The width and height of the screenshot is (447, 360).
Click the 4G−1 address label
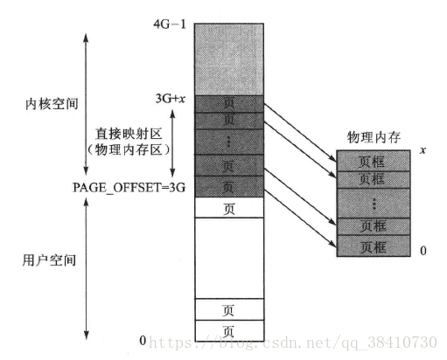tap(170, 24)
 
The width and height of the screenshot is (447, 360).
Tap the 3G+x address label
tap(171, 99)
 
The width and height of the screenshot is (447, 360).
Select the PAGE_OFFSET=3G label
tap(129, 187)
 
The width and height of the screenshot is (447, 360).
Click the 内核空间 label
tap(52, 104)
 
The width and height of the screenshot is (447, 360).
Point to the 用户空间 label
tap(49, 260)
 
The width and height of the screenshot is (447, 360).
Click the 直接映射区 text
tap(129, 134)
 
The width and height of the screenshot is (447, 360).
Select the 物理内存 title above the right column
tap(374, 137)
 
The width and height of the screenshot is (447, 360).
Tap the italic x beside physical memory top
tap(423, 150)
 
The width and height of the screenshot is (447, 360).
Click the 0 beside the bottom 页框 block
tap(423, 251)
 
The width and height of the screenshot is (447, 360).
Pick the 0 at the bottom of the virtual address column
tap(143, 340)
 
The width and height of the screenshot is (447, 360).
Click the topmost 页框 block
tap(374, 161)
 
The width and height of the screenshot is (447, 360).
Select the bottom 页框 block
tap(374, 246)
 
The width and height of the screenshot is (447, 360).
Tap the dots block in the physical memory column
tap(374, 204)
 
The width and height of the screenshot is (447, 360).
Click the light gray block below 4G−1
tap(229, 59)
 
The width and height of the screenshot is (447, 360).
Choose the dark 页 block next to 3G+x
tap(229, 104)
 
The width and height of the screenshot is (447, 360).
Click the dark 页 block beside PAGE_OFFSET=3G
tap(229, 187)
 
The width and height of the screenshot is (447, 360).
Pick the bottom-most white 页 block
tap(229, 330)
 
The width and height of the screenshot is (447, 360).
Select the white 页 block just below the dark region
tap(229, 207)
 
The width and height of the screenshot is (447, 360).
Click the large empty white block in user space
tap(229, 258)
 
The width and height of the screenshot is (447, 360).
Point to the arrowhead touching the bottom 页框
tap(333, 244)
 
